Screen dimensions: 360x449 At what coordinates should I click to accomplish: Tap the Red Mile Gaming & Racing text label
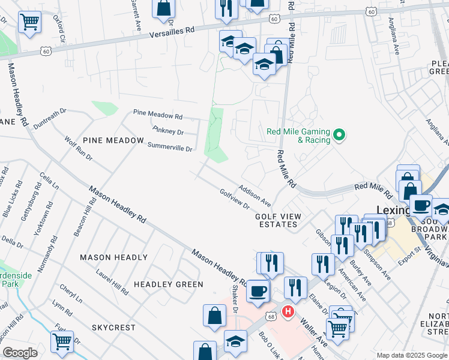point(298,136)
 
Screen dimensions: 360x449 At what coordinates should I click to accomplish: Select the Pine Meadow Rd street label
point(157,115)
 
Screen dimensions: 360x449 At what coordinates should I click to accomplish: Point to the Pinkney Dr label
point(168,130)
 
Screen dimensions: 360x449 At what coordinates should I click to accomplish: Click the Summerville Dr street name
point(170,147)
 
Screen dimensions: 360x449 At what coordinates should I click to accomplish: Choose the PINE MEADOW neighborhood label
point(113,140)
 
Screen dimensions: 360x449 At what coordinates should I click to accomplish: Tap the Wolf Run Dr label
point(79,148)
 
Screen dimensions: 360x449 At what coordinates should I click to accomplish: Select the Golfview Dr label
point(235,199)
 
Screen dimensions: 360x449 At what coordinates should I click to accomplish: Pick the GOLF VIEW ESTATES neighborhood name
point(276,220)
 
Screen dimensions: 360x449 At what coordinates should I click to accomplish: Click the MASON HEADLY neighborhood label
point(113,257)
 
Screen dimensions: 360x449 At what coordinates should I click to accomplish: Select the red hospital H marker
point(288,312)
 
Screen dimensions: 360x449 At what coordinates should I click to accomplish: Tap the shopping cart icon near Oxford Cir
point(29,22)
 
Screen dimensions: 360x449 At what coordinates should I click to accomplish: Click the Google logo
point(20,352)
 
